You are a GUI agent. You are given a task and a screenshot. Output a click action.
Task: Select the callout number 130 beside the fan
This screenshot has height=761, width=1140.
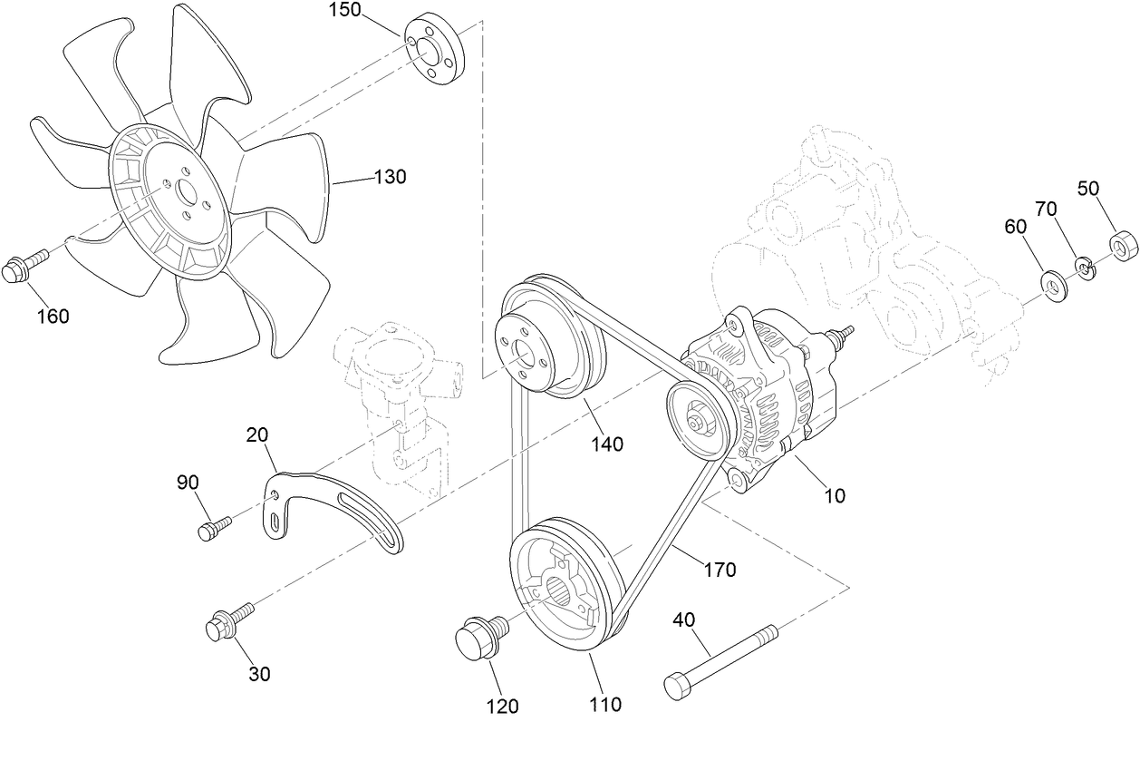[391, 177]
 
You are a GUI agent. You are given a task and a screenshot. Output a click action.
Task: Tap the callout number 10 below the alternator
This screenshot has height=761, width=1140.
[834, 495]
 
